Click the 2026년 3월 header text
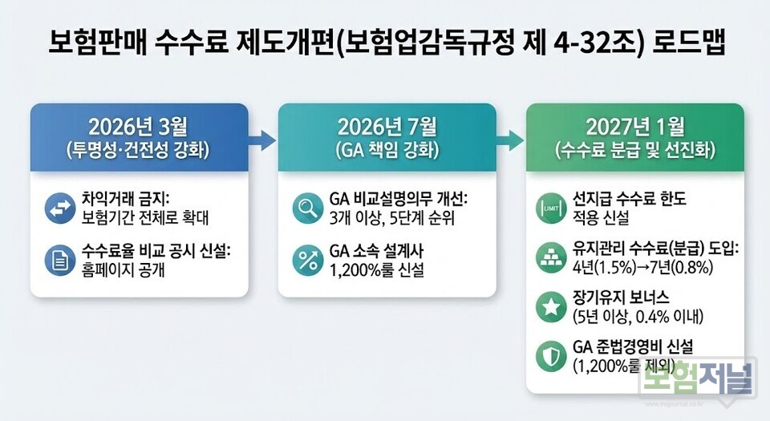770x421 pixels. click(139, 126)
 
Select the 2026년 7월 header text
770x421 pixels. click(387, 126)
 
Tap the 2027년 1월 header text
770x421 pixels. click(634, 126)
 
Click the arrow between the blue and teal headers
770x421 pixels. click(263, 142)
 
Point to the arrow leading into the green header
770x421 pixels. click(511, 142)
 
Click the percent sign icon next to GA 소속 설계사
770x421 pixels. click(307, 261)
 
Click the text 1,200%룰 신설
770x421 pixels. click(376, 270)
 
